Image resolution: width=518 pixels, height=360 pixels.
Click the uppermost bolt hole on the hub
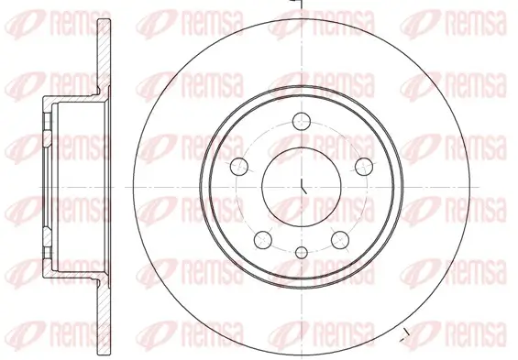click(302, 121)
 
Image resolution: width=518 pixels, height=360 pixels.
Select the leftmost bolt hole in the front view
click(239, 167)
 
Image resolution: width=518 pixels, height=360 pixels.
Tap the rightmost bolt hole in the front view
click(364, 167)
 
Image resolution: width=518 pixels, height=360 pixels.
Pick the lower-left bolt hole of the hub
click(263, 240)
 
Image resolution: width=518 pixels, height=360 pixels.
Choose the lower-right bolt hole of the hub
click(340, 240)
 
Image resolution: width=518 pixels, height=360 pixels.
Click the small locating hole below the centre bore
click(302, 253)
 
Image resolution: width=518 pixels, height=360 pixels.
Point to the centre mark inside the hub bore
click(303, 186)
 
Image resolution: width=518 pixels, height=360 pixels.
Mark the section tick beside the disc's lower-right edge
click(404, 335)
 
